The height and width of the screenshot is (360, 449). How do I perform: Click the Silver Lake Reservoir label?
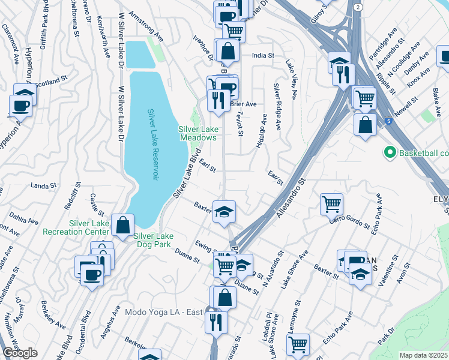click(x=152, y=145)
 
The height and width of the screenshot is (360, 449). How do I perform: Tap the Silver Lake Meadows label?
click(x=197, y=133)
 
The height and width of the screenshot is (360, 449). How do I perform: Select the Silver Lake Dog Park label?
click(x=152, y=240)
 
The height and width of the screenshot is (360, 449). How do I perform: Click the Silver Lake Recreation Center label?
click(x=89, y=227)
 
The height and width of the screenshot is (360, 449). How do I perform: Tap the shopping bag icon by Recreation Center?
click(x=122, y=226)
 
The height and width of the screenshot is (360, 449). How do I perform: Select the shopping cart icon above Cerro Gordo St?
click(x=331, y=204)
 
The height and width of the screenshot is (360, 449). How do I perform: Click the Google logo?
click(x=19, y=353)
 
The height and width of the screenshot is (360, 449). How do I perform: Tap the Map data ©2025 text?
click(x=424, y=355)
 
